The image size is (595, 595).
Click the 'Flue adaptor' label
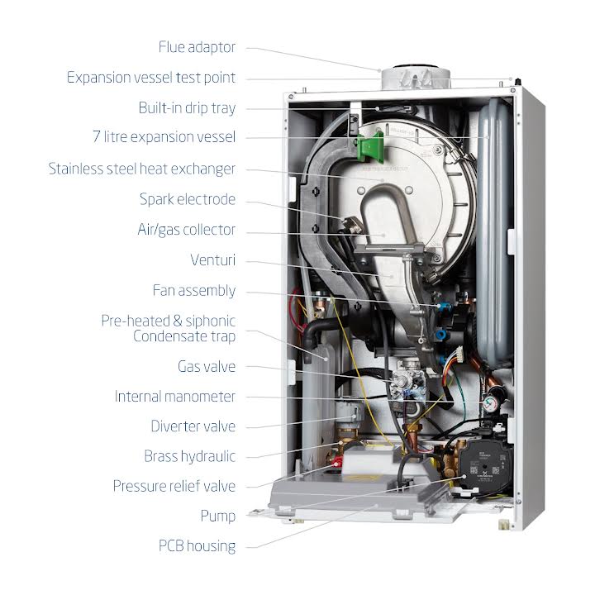click(197, 46)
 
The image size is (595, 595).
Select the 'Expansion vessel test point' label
click(151, 78)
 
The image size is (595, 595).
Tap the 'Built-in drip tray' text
click(187, 107)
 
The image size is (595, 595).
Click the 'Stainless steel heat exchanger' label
click(141, 169)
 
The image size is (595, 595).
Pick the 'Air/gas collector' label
click(186, 230)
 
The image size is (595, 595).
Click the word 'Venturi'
click(212, 260)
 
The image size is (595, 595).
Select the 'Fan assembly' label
click(194, 291)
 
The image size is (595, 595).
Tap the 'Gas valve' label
click(207, 365)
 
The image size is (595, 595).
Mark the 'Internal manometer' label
click(175, 396)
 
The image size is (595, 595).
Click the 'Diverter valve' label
click(193, 426)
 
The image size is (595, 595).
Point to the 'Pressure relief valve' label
click(174, 486)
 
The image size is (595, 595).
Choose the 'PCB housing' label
click(197, 545)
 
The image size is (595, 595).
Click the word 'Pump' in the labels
click(217, 516)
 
